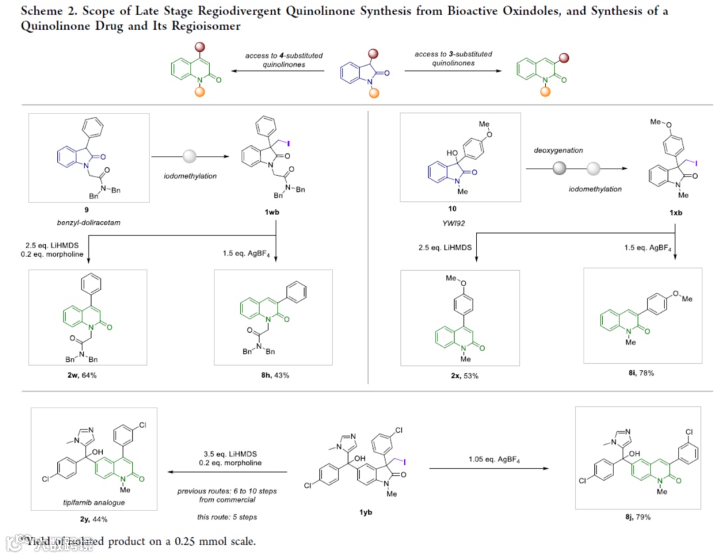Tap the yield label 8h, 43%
pyautogui.click(x=274, y=376)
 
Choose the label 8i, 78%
pyautogui.click(x=641, y=373)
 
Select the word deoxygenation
pyautogui.click(x=556, y=150)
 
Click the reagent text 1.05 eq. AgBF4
pyautogui.click(x=490, y=458)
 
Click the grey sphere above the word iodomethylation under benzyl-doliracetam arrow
pyautogui.click(x=190, y=157)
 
